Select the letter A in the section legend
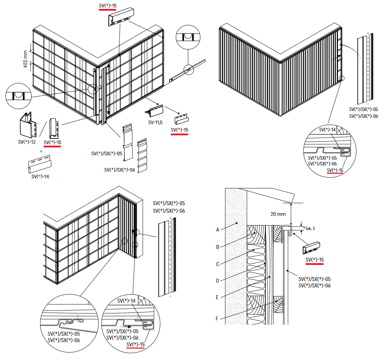pos(217,230)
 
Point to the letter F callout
pos(217,319)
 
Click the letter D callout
pos(217,281)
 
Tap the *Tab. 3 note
pos(309,228)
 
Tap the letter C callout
pos(217,264)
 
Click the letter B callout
pos(217,246)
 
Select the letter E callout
pos(217,297)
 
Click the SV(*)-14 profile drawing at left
pos(40,165)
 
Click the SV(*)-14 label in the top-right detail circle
pos(327,130)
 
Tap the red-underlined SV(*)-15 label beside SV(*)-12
pos(52,143)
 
